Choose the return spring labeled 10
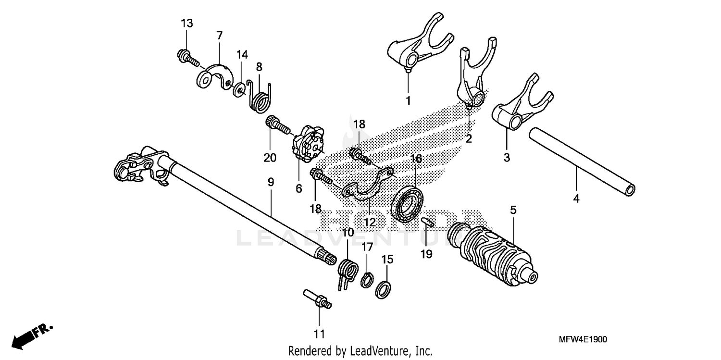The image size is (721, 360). pos(348,272)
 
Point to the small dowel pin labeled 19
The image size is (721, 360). pos(427,222)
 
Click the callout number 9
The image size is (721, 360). pos(271,183)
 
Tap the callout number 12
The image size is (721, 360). pos(369,223)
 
